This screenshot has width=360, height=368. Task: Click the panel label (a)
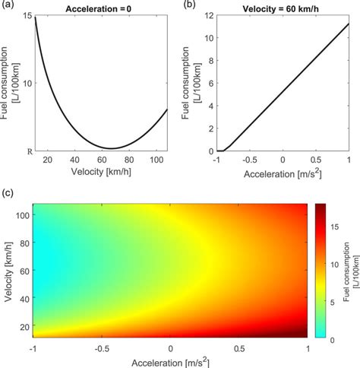point(8,6)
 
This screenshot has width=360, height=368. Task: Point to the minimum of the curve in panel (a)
point(110,148)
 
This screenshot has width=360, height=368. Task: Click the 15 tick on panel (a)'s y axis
point(28,16)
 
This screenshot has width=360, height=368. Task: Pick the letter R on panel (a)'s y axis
point(30,151)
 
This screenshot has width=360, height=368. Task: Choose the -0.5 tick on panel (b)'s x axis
point(250,160)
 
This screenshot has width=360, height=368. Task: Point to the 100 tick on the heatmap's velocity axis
point(24,214)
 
